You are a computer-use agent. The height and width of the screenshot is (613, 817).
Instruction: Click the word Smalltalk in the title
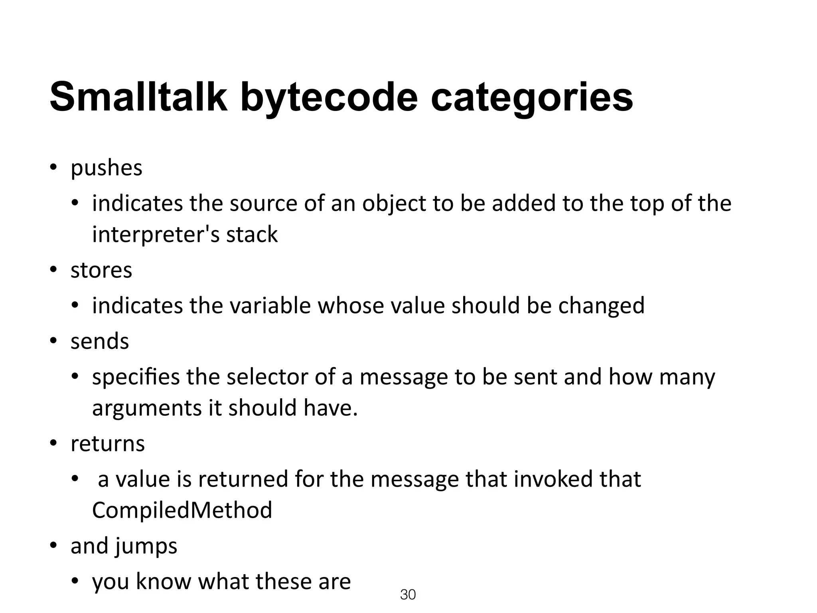click(138, 97)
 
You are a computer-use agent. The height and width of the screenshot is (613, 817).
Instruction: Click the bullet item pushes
click(106, 168)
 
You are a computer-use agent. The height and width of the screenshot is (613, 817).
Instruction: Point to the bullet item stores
click(101, 270)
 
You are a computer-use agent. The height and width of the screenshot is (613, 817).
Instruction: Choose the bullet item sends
click(100, 341)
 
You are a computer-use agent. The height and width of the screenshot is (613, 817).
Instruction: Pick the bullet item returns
click(108, 443)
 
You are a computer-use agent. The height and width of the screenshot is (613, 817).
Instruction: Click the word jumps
click(146, 546)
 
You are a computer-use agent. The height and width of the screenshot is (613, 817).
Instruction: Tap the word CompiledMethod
click(182, 510)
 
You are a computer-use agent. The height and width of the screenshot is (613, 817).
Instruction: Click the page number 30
click(408, 595)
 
